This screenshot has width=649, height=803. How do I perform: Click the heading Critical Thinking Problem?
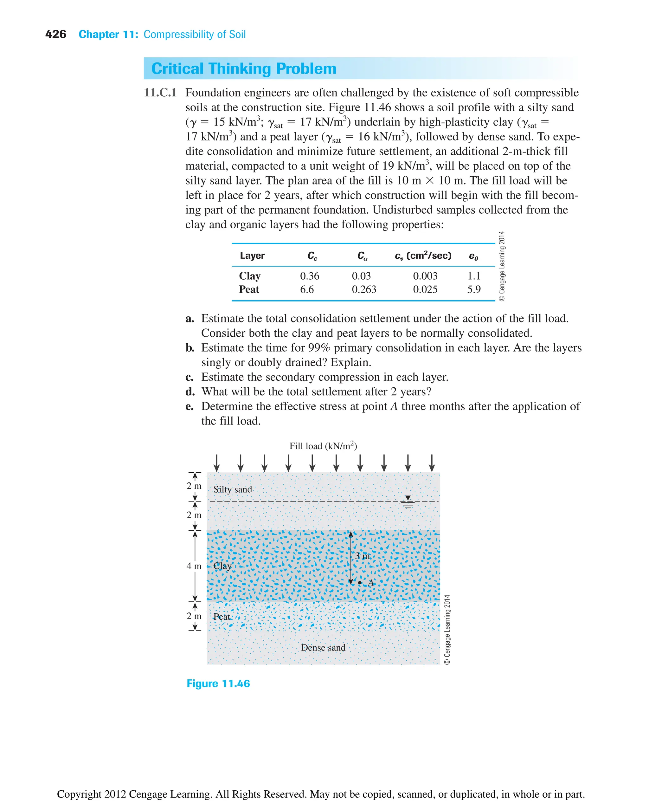(x=244, y=69)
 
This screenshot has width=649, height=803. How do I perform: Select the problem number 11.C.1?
(x=160, y=93)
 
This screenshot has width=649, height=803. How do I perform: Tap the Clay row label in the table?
(x=250, y=276)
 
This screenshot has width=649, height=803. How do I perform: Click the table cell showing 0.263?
(x=364, y=289)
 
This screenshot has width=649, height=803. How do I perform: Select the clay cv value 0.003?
(x=425, y=276)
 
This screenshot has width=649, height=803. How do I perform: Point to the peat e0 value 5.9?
(x=474, y=289)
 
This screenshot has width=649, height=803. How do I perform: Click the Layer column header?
(x=252, y=256)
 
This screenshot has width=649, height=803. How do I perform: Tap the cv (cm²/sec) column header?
(x=423, y=256)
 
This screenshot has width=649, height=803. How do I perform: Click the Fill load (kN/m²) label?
(x=323, y=446)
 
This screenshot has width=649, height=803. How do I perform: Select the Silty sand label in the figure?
(x=233, y=489)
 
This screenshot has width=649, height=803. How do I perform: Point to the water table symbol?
(x=408, y=502)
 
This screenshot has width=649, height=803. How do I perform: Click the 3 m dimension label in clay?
(x=362, y=556)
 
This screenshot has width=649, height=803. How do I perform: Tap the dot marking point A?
(x=360, y=583)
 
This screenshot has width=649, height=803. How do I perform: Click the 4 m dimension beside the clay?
(x=194, y=566)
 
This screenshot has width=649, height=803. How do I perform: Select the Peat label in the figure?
(x=222, y=616)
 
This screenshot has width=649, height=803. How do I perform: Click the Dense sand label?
(x=323, y=647)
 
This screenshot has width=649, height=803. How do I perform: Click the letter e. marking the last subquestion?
(x=190, y=406)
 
